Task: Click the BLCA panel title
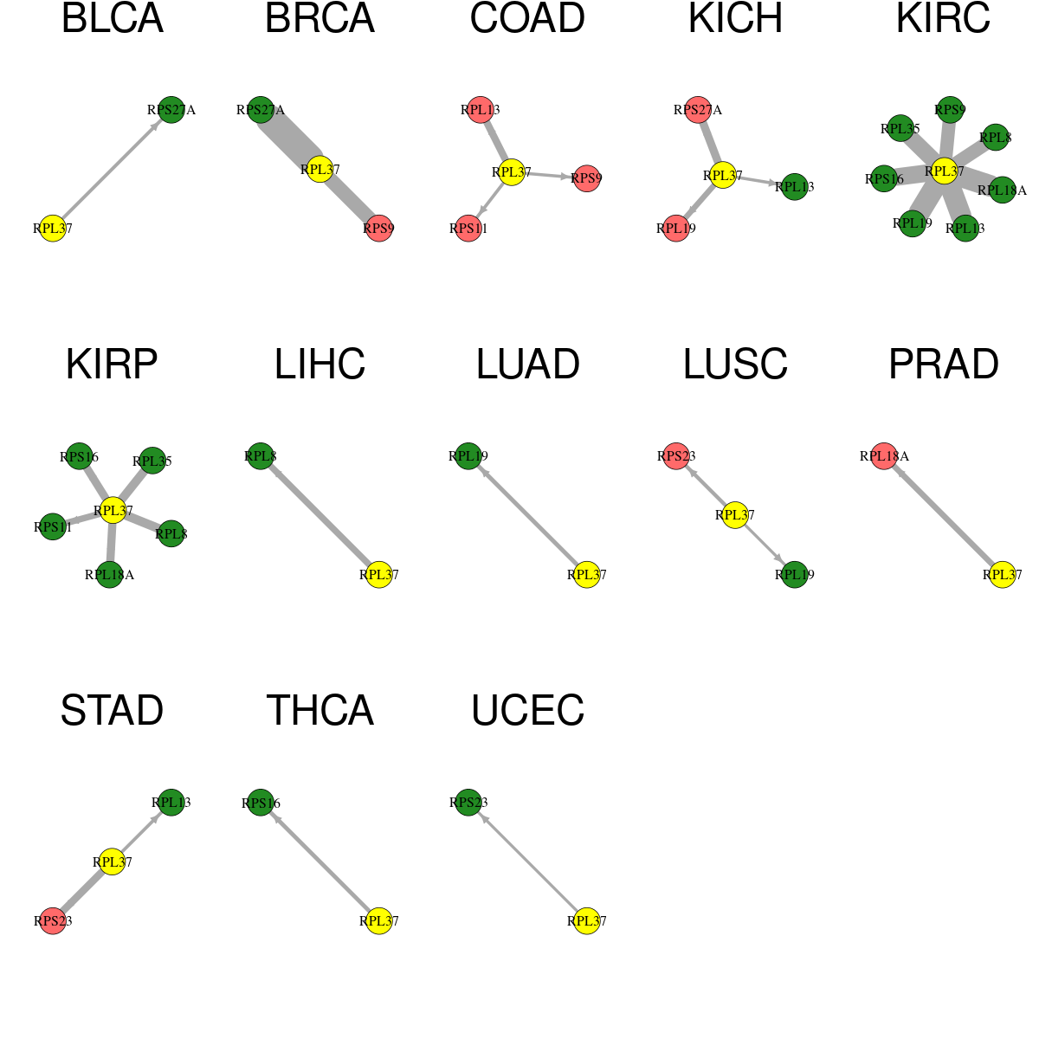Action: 113,18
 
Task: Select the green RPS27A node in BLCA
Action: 171,110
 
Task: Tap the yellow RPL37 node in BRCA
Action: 319,170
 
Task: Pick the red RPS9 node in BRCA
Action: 378,228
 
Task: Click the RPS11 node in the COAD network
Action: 468,228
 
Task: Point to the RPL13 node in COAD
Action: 480,110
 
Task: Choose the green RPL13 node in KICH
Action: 794,186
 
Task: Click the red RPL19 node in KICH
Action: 676,228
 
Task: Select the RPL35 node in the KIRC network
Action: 900,128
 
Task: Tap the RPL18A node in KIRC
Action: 1002,190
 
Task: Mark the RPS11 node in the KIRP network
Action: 53,526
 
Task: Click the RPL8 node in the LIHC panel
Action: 261,456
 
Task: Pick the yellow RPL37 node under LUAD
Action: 587,574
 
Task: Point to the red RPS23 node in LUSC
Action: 676,456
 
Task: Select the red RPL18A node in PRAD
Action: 884,456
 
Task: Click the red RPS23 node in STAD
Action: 53,921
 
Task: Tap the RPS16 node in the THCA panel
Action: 261,803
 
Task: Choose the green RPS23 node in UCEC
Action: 468,803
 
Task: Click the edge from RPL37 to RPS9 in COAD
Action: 548,175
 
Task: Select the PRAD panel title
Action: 944,365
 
